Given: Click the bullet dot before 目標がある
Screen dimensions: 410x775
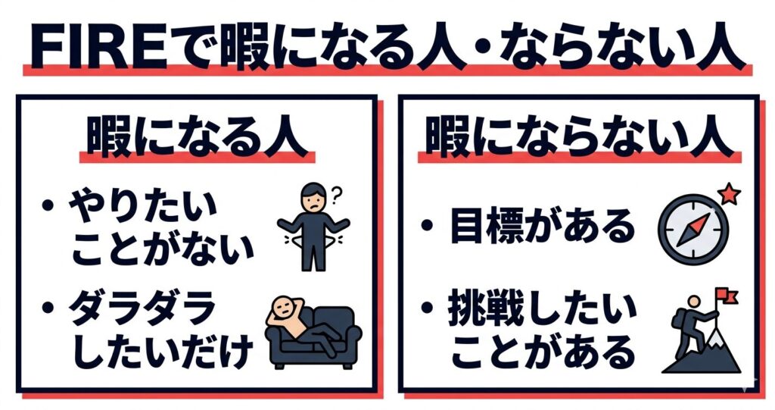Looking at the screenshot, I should click(x=429, y=224).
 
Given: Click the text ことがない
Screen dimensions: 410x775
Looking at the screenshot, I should click(x=162, y=249).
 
